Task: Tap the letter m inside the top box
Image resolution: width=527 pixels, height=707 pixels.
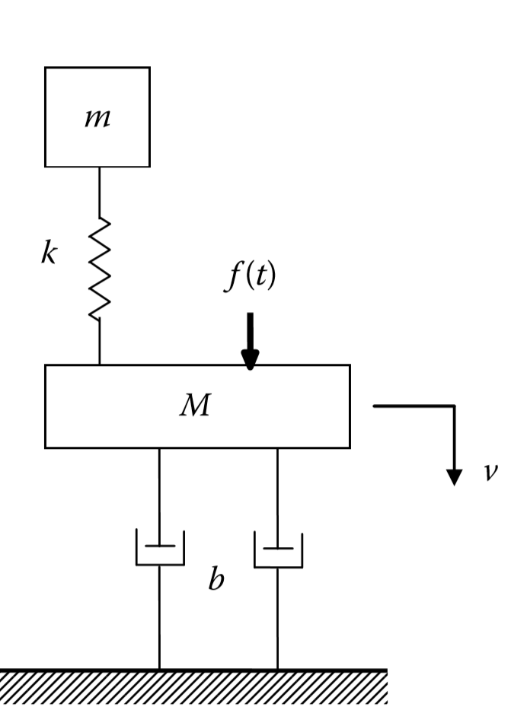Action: click(x=97, y=119)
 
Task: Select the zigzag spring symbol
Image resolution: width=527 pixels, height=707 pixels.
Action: click(x=100, y=268)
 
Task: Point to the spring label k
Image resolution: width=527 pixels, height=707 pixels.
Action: click(x=48, y=255)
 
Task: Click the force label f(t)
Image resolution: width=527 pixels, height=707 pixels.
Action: click(x=250, y=277)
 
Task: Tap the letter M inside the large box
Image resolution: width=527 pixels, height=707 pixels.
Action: click(x=195, y=407)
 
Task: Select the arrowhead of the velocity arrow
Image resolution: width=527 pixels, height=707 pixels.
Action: click(x=454, y=477)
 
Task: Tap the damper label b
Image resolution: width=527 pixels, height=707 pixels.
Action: click(x=216, y=581)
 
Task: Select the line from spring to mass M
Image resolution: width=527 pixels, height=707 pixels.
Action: click(x=100, y=342)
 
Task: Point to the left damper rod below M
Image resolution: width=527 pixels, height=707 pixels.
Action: click(x=159, y=495)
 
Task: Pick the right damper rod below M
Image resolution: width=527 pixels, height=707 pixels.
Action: click(x=277, y=495)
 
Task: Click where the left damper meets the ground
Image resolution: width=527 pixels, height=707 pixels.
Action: click(x=159, y=669)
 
